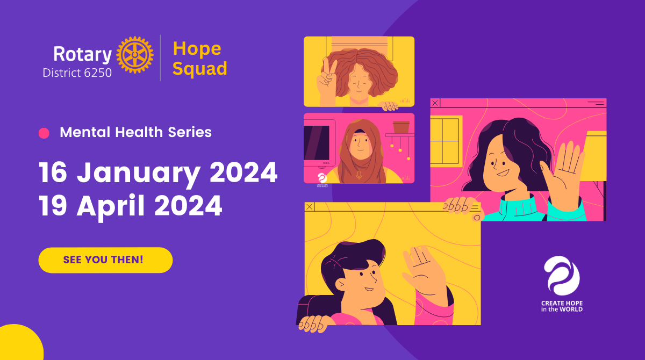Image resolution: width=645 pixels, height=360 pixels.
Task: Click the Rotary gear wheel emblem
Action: coord(135,55)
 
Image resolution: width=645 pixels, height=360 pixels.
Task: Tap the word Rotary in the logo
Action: coord(82,54)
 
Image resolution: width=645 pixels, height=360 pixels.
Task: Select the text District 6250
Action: coord(77,73)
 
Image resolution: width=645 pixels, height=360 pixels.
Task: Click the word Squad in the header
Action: coord(200,69)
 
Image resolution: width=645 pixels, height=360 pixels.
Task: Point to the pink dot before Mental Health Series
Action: coord(44,133)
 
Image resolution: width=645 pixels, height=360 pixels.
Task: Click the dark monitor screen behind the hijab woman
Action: coord(317,143)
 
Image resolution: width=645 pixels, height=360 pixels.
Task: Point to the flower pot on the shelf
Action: coord(401,127)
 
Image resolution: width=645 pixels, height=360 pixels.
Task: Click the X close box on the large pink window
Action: coord(435,103)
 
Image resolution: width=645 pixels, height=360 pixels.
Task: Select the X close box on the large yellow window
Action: coord(310,207)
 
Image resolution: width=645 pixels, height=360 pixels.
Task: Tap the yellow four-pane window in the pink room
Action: coord(445,141)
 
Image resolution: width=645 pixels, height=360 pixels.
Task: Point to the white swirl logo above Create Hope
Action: coord(562,276)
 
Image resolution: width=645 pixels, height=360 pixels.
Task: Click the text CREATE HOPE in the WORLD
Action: coord(562,306)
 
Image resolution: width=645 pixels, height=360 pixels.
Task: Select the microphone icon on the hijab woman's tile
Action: coord(359,175)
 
